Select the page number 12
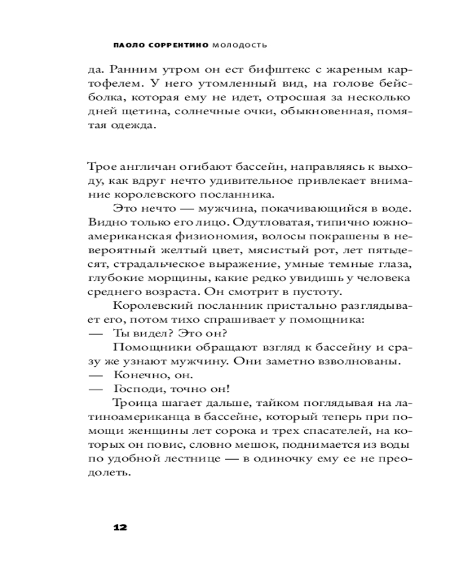[x=120, y=528]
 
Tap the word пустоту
[x=309, y=291]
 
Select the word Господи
[x=137, y=389]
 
